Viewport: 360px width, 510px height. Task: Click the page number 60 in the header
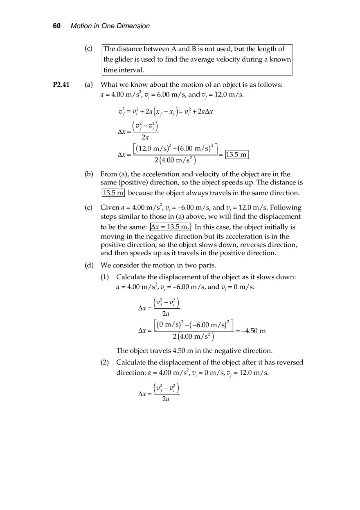56,26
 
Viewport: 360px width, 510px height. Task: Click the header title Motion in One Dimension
110,26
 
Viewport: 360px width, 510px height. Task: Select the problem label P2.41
61,85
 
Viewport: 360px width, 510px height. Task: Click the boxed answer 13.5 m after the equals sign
237,155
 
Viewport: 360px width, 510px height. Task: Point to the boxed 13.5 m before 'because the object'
113,193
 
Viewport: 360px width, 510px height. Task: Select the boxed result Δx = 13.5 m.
170,227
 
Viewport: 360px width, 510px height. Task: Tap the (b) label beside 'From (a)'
89,174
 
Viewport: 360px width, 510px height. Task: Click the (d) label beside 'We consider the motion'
89,265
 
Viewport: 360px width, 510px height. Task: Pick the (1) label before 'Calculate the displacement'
105,277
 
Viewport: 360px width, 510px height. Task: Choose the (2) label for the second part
105,362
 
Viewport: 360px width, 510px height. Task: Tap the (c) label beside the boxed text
89,49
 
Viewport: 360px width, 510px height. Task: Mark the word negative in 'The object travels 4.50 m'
218,351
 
